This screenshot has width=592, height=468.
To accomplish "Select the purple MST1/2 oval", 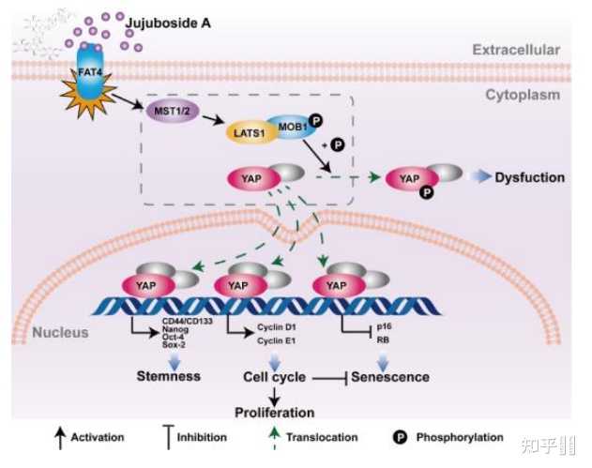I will (x=173, y=111).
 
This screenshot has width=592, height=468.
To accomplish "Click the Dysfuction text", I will (x=529, y=177).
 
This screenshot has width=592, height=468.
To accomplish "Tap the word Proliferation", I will (x=275, y=412).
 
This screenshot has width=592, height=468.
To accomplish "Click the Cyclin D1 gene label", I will (x=277, y=328).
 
